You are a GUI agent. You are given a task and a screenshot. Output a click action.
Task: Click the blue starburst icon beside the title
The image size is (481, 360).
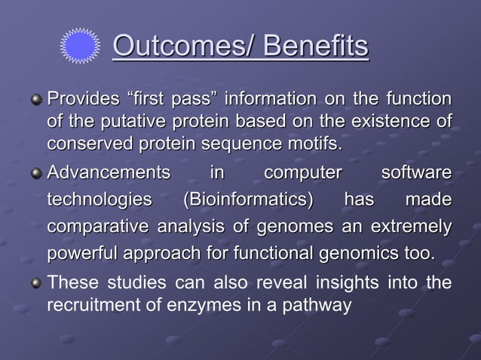click(x=79, y=47)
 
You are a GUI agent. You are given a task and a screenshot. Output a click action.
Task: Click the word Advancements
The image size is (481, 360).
click(x=109, y=174)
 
